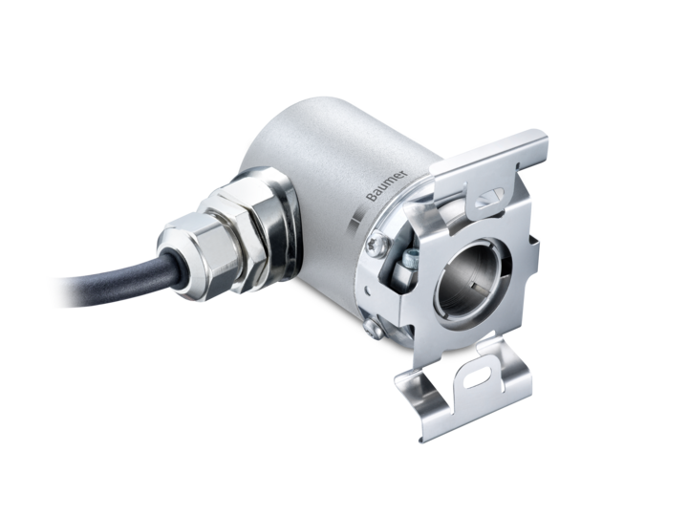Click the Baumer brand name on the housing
click(387, 185)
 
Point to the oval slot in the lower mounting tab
click(478, 377)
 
